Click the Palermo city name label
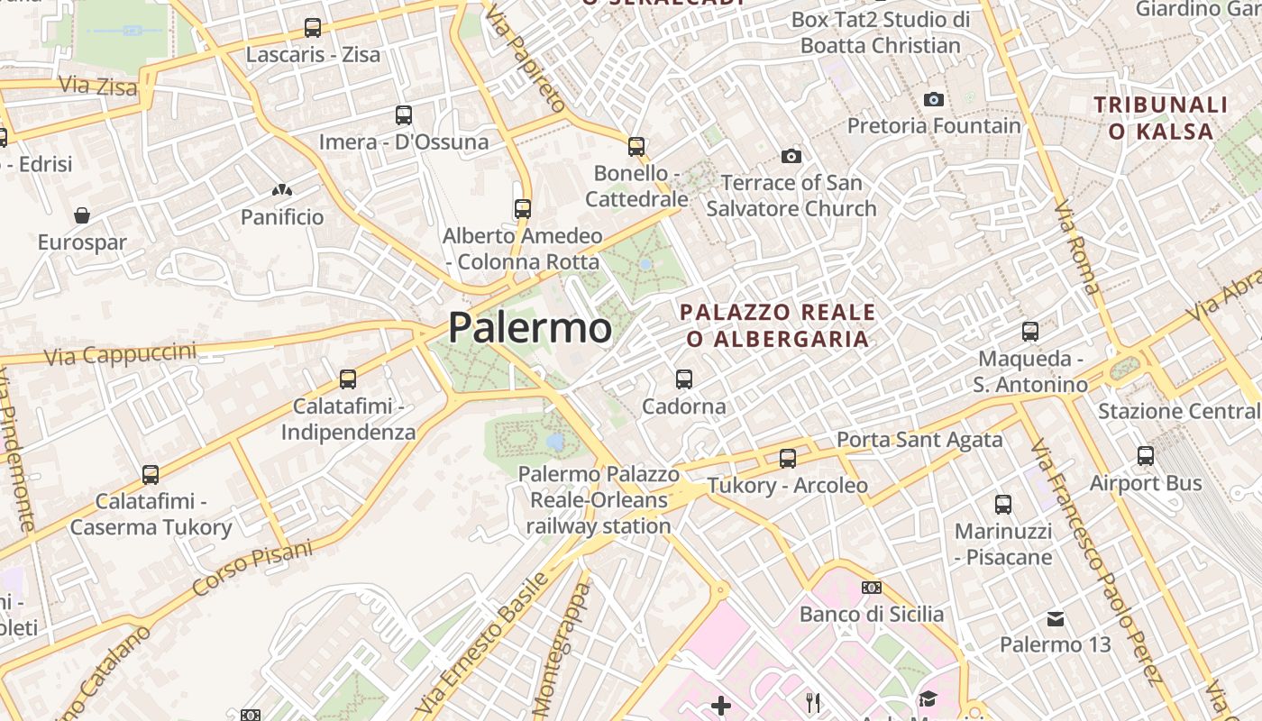coord(529,327)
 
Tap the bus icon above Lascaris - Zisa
coord(313,28)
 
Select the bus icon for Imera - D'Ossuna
coord(404,115)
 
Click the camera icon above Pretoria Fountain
coord(934,99)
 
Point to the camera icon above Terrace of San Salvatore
coord(791,157)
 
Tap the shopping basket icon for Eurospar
coord(82,215)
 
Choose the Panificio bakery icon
coord(282,191)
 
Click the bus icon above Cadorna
coord(684,379)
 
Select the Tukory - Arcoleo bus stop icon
coord(788,459)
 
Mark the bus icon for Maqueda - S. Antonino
coord(1030,332)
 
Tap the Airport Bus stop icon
coord(1146,456)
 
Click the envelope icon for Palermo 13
coord(1056,619)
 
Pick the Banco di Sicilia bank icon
coord(872,588)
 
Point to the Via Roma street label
coord(1077,247)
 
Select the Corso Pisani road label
coord(252,568)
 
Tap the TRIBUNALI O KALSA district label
coord(1161,117)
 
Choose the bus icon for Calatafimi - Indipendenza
coord(348,379)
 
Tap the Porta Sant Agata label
coord(919,440)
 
